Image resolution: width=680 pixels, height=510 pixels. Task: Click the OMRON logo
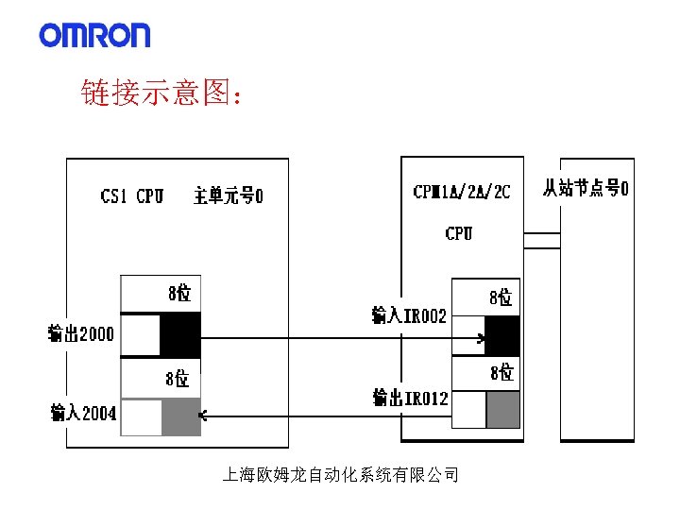[94, 35]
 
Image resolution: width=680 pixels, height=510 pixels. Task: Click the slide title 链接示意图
[162, 94]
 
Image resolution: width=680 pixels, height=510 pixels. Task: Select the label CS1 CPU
[132, 196]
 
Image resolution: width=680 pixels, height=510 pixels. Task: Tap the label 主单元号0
[229, 196]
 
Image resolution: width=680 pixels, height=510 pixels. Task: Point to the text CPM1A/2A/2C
[462, 192]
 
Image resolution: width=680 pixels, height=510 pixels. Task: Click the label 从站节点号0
[586, 187]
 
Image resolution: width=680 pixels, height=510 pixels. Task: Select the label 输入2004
[83, 412]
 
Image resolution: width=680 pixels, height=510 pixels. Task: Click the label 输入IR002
[409, 315]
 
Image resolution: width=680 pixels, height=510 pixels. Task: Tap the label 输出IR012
[411, 399]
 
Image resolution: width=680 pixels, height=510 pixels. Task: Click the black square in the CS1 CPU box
[180, 334]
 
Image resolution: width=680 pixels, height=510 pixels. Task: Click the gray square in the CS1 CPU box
[180, 416]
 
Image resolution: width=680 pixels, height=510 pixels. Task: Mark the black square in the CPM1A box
[502, 335]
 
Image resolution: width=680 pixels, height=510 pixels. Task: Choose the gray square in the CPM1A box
[502, 409]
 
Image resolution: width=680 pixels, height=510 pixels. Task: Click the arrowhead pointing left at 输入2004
[202, 414]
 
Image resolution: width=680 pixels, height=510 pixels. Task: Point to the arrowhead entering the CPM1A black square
[483, 338]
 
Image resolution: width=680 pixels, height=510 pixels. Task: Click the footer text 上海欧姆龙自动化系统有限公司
[340, 475]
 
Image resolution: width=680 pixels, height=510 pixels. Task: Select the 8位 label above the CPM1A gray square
[501, 373]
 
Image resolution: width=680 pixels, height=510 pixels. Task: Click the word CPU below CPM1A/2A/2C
[459, 233]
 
